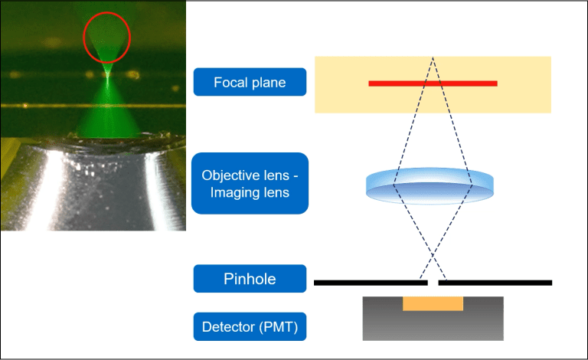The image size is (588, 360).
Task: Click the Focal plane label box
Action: coord(250,82)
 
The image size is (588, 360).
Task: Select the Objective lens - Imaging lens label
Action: coord(250,183)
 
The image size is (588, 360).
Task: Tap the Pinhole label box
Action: coord(250,280)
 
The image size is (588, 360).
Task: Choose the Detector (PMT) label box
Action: coord(250,328)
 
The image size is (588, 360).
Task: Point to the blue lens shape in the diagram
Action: coord(430,185)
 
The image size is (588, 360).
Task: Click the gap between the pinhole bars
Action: coord(433,283)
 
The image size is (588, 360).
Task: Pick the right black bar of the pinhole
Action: coord(495,283)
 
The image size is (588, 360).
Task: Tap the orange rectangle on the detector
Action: coord(433,303)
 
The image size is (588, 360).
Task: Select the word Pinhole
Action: coord(250,280)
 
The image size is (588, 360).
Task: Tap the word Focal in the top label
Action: coord(230,82)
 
